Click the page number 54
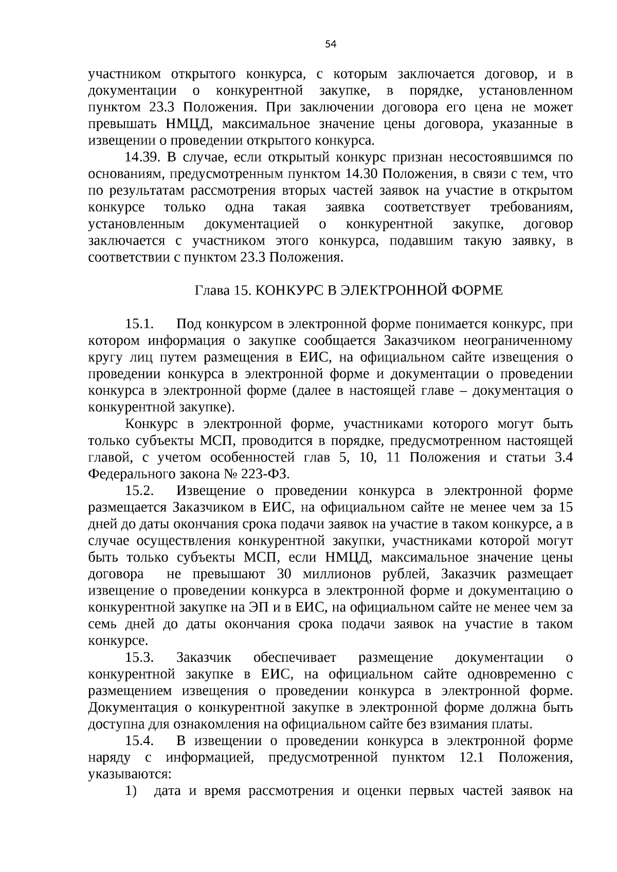point(331,45)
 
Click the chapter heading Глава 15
point(223,290)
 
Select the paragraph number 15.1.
point(140,324)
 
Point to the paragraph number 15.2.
point(140,491)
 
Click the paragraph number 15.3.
point(140,658)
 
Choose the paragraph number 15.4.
point(140,741)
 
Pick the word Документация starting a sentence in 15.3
point(132,708)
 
